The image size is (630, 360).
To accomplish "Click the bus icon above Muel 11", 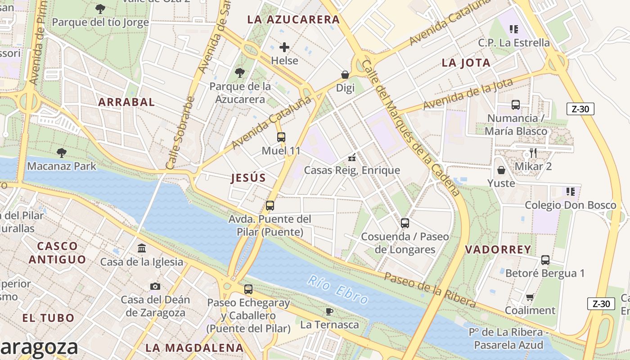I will click(281, 137).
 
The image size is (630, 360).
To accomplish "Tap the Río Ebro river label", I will click(339, 290).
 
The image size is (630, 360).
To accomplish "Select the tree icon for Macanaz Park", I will click(61, 153).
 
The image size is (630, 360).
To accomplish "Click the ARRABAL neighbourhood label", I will click(126, 102).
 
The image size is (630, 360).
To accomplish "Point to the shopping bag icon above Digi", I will click(345, 75).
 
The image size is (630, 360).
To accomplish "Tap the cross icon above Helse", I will click(284, 47).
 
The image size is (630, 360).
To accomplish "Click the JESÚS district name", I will click(248, 178).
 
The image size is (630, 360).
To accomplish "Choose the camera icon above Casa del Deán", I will click(155, 286).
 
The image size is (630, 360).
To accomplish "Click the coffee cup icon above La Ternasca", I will click(329, 311).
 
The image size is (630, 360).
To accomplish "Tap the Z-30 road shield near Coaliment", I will click(601, 304).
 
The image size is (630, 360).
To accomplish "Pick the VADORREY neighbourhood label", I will click(498, 250).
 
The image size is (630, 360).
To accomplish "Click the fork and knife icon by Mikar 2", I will click(533, 153).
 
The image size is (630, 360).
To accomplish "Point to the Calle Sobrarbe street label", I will click(180, 133).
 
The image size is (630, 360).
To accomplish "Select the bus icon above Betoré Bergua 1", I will click(545, 260).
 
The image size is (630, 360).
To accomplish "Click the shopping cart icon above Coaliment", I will click(530, 297).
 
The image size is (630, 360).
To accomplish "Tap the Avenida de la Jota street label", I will click(468, 94).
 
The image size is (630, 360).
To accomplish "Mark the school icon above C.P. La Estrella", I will click(514, 29).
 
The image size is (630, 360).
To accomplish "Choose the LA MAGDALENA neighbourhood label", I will click(194, 348).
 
